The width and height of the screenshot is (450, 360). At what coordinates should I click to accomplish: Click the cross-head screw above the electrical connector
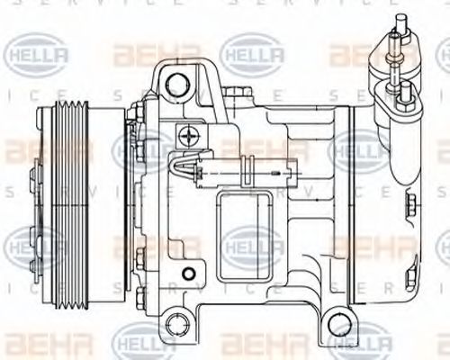click(x=187, y=138)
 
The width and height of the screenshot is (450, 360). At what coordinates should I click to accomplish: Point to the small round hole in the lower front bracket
click(x=185, y=274)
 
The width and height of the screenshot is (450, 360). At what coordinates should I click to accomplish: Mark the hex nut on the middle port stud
click(x=395, y=68)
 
